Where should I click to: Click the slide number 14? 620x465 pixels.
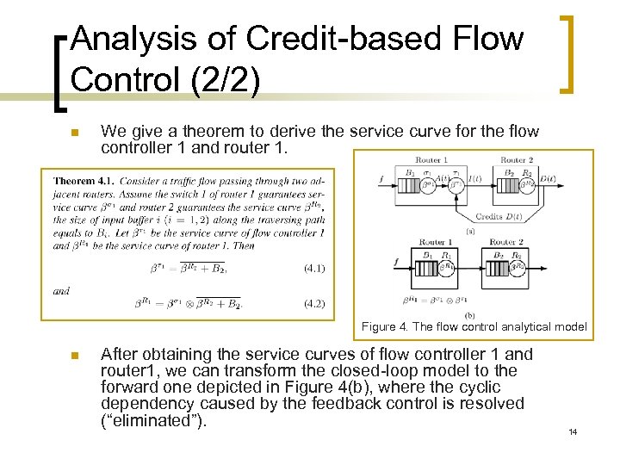[x=573, y=431]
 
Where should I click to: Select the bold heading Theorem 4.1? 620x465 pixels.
[x=84, y=181]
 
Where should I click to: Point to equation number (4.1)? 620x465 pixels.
[x=313, y=268]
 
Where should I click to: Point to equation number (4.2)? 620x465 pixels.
[x=313, y=303]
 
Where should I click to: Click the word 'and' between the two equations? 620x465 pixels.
[x=61, y=291]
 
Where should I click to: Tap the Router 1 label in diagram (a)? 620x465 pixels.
[x=431, y=160]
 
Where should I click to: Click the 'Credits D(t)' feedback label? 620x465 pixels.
[x=494, y=217]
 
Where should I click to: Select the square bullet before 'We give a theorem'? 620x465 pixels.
[x=75, y=133]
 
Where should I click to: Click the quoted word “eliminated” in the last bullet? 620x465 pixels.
[x=154, y=421]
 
